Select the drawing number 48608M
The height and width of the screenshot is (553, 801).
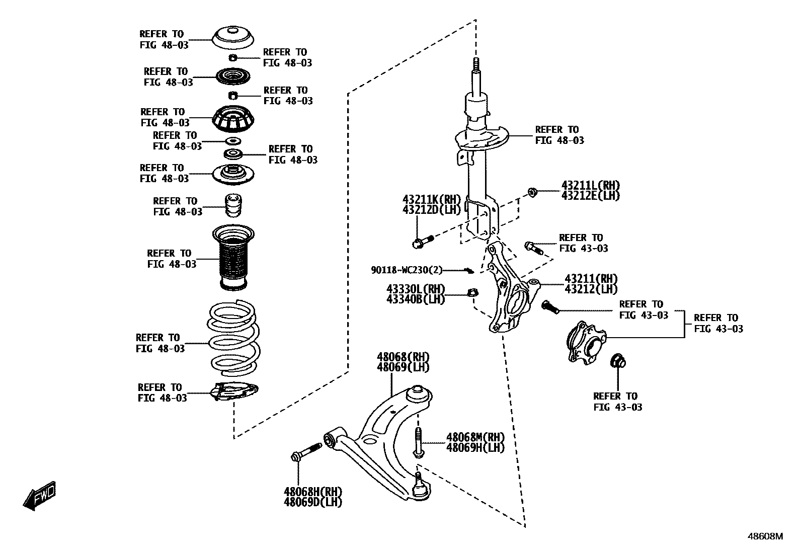pos(765,536)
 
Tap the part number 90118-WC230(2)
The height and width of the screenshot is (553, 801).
pos(407,270)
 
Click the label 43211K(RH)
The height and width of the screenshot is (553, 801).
pos(431,199)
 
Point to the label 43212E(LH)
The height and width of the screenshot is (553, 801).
pos(591,196)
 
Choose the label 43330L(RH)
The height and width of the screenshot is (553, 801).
pos(416,289)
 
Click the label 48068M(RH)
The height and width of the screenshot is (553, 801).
pos(475,437)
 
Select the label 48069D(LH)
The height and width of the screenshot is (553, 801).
pos(312,502)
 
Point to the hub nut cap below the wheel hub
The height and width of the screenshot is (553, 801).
pos(617,361)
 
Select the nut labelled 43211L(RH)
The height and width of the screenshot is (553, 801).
pos(532,192)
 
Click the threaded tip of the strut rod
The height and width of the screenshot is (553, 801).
pos(475,66)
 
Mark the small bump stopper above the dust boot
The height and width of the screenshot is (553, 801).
pos(233,205)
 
